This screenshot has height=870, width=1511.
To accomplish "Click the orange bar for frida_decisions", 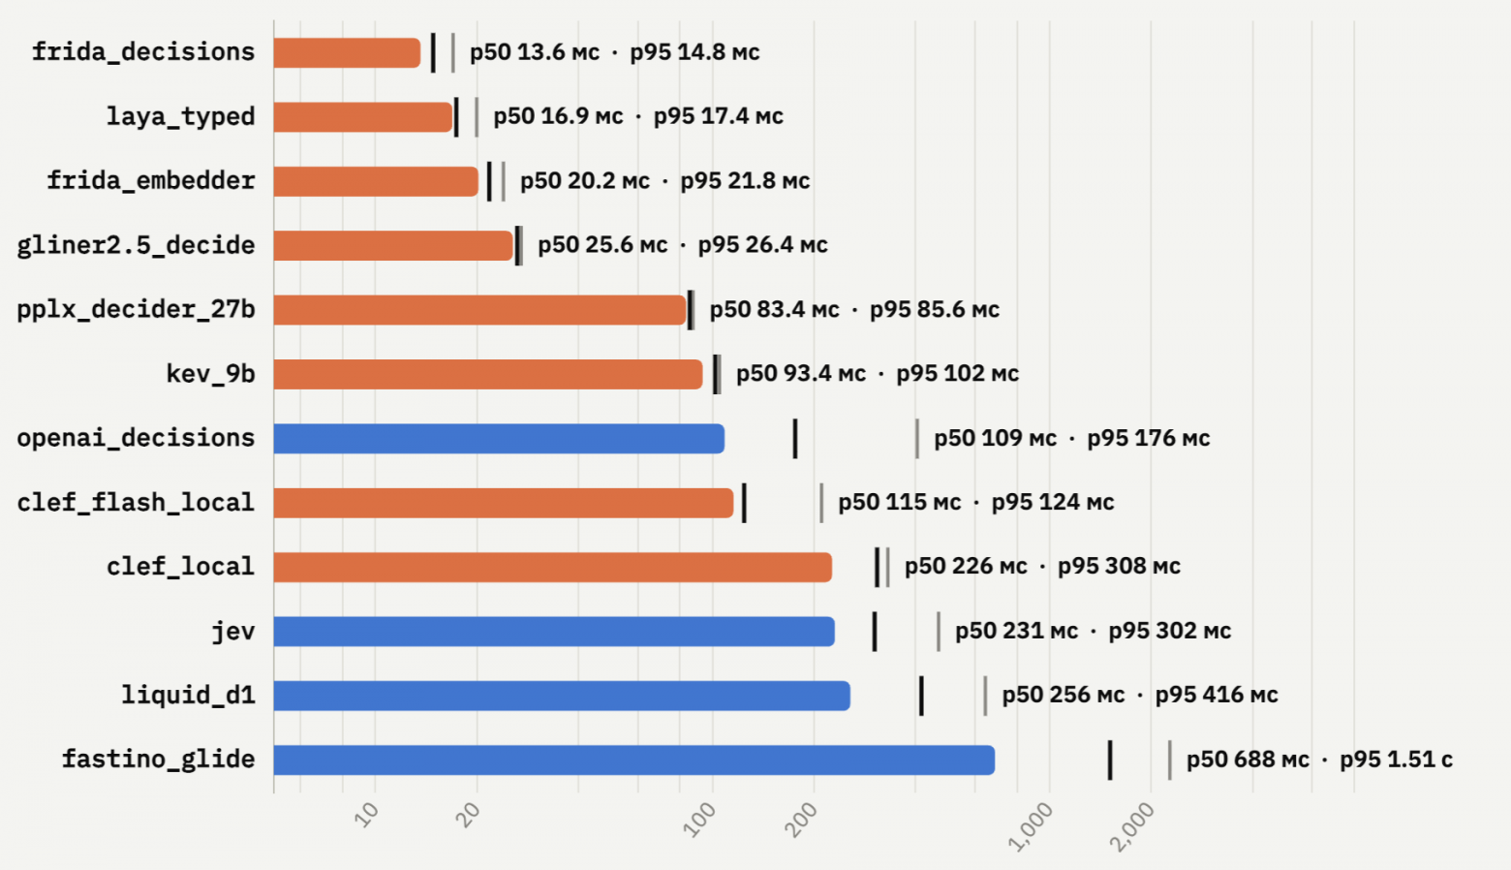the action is [347, 52].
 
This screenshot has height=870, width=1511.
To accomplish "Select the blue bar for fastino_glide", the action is [634, 760].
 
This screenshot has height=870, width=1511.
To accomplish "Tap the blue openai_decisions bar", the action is [499, 439].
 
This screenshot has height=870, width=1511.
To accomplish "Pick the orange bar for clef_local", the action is [552, 567].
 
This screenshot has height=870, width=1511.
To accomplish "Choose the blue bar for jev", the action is [554, 631].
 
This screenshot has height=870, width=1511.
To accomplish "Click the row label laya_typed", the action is [181, 117].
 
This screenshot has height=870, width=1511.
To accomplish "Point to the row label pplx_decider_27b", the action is [137, 310].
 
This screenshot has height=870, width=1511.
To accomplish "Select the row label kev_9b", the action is [210, 373].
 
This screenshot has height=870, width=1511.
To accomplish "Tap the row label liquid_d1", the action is [188, 695].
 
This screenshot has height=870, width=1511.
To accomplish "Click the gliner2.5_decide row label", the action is [137, 245].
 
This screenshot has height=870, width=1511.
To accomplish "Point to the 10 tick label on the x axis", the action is [367, 815].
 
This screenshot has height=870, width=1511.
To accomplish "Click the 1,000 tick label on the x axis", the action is [1030, 826].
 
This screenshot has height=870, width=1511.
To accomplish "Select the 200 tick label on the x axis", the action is [801, 820].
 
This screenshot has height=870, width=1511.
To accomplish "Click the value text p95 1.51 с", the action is [1396, 760].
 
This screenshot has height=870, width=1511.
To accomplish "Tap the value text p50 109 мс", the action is [995, 439].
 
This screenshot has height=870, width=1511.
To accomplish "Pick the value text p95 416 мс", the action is [1217, 696].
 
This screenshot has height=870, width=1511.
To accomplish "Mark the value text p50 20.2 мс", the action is [585, 181].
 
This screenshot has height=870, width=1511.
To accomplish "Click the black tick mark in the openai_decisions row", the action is [795, 439].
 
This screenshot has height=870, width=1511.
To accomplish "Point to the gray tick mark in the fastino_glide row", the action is [1170, 760].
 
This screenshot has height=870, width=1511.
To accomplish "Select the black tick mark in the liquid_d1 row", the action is [921, 696].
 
